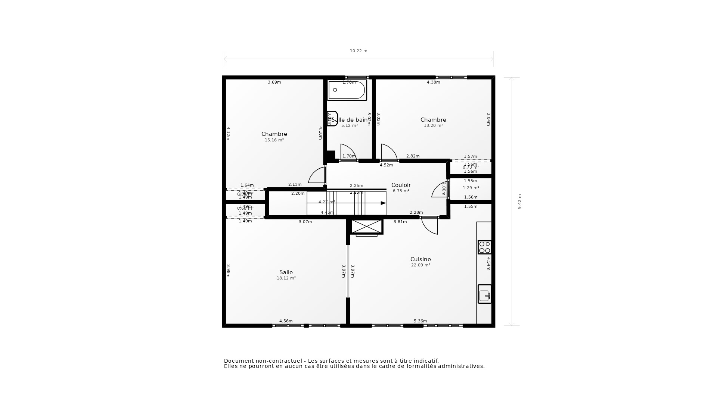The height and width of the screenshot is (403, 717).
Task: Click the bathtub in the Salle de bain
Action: click(347, 90)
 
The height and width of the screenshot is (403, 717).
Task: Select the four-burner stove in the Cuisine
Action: click(484, 247)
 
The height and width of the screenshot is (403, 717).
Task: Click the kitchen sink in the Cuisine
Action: click(484, 294)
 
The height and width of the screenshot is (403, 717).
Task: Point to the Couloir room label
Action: click(401, 185)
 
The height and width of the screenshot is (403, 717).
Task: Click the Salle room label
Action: click(286, 272)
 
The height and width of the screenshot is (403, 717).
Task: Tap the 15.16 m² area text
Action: click(274, 140)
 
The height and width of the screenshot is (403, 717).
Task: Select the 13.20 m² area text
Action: click(433, 126)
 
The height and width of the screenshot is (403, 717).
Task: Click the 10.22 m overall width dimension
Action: click(358, 51)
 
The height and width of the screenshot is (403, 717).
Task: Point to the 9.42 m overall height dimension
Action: click(519, 201)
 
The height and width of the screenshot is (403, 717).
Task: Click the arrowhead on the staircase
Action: click(383, 203)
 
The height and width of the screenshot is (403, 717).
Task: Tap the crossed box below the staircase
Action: click(366, 227)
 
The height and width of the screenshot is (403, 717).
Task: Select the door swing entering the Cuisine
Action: click(430, 226)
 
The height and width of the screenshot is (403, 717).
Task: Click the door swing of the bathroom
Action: click(348, 152)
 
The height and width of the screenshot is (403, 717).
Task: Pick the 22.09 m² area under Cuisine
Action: click(420, 265)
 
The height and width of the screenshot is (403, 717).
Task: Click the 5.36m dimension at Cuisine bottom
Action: click(420, 321)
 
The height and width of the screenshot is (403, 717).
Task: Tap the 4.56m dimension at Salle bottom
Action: click(286, 321)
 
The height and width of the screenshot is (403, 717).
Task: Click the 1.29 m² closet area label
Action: click(471, 188)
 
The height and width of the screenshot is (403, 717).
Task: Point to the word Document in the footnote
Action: click(238, 361)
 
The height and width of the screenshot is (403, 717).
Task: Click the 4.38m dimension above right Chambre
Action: click(433, 82)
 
